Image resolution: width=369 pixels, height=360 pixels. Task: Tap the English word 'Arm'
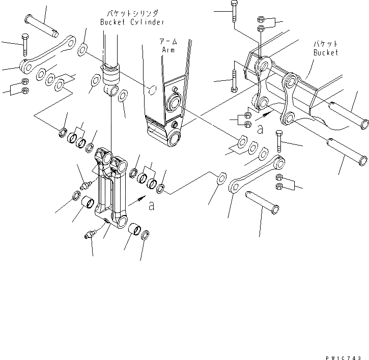(x=168, y=50)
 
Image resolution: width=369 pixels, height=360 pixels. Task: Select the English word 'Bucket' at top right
(x=325, y=52)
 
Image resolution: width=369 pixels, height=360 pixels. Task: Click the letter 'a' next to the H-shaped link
(x=151, y=206)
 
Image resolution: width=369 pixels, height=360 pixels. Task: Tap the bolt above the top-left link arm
(x=24, y=45)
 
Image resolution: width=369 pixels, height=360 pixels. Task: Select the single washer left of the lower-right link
(x=221, y=178)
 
